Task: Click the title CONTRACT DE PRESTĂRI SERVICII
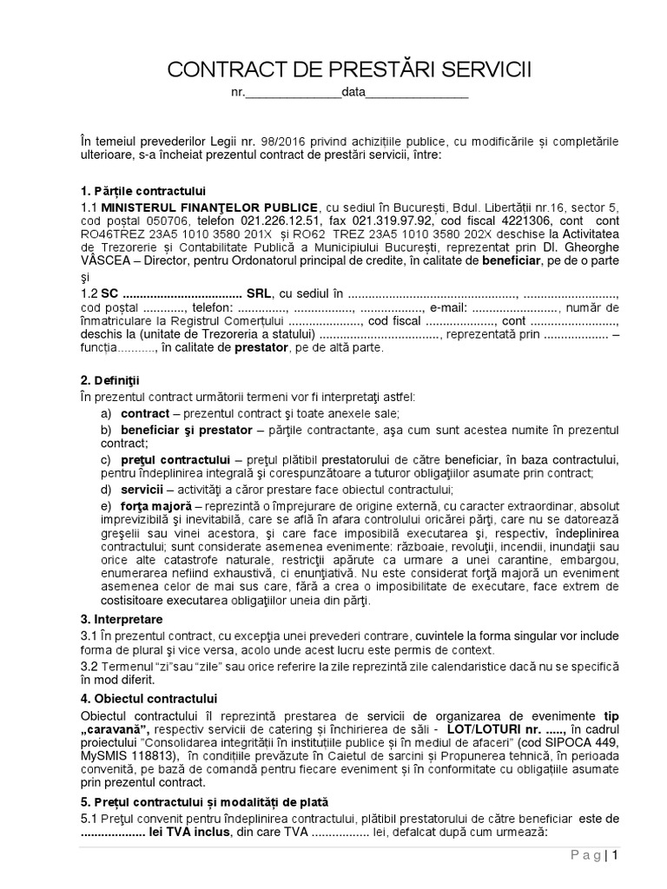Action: (x=348, y=69)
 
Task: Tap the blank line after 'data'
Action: (x=416, y=94)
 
